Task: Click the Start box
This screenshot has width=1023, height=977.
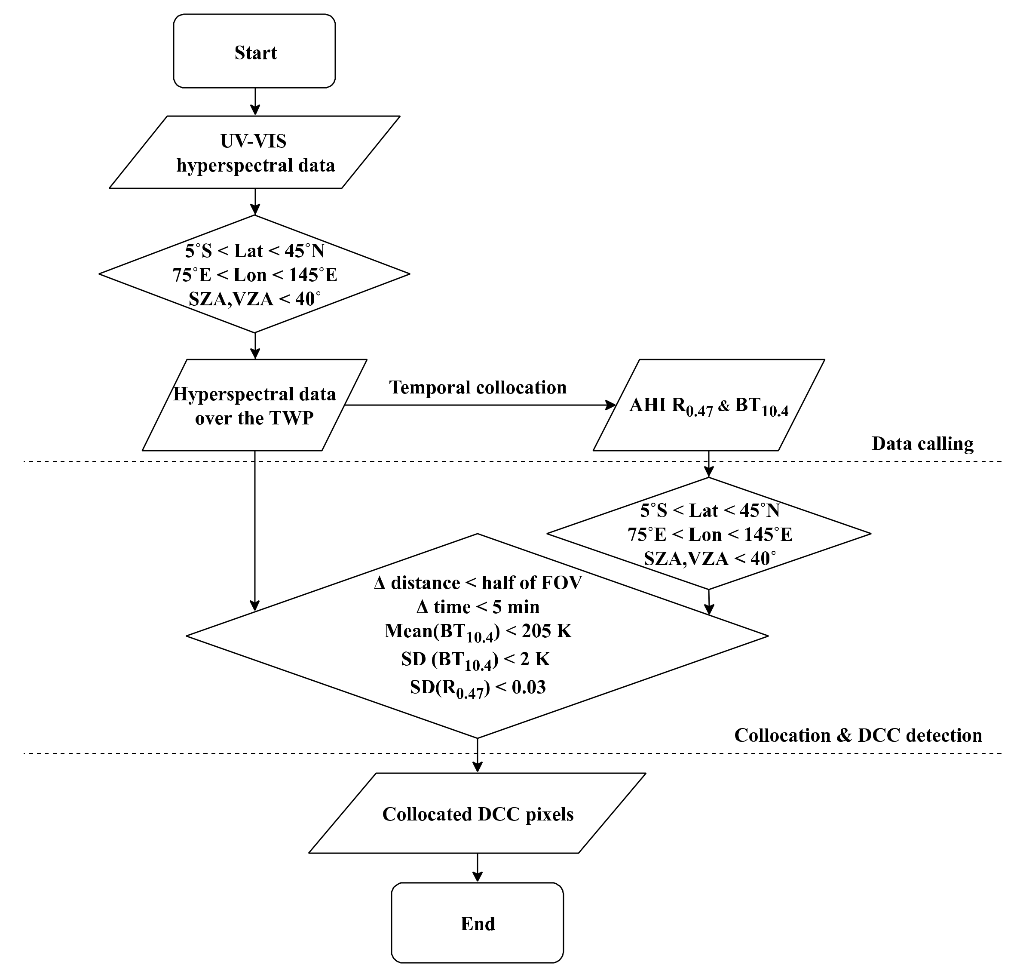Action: (254, 52)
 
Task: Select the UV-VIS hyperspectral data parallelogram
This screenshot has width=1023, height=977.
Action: (254, 153)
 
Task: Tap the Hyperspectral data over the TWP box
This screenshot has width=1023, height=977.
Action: (254, 406)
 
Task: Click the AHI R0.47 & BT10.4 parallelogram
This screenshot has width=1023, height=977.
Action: (708, 406)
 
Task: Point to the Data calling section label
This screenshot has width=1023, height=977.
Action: (922, 444)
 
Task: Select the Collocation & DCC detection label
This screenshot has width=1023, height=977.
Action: (858, 735)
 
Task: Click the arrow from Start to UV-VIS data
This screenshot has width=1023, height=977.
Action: (254, 101)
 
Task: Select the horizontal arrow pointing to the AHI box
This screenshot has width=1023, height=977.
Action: (479, 405)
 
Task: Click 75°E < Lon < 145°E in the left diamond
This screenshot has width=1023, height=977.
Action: (254, 275)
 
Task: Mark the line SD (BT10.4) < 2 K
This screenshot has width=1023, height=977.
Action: (475, 660)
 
